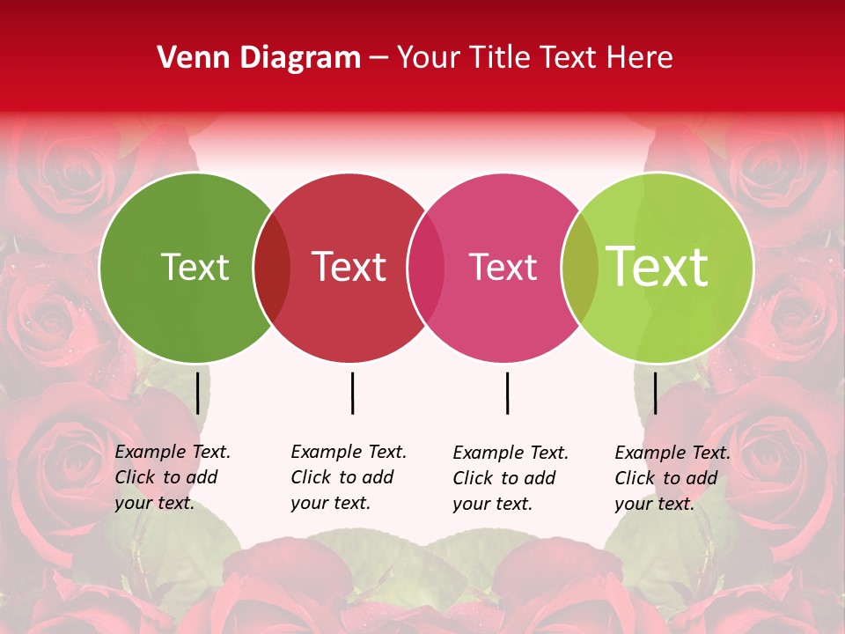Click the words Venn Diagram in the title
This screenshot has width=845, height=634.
[x=259, y=58]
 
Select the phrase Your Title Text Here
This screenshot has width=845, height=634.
[x=534, y=58]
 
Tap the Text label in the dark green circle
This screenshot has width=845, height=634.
[x=195, y=267]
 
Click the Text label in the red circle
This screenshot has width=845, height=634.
[x=349, y=267]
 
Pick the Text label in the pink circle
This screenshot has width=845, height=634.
[x=503, y=267]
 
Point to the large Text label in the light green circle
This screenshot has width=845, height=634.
[x=658, y=267]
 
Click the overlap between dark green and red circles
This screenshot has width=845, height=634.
[x=272, y=268]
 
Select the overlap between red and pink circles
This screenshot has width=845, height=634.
[x=426, y=268]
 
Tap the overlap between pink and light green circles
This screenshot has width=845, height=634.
[x=579, y=268]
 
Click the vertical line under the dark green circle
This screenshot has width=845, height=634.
[x=198, y=393]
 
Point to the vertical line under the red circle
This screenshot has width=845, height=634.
[x=352, y=393]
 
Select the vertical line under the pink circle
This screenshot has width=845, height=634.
[x=507, y=393]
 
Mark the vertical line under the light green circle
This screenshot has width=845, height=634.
[x=655, y=393]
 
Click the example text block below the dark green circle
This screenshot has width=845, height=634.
[x=173, y=477]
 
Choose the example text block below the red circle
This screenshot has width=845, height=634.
[x=349, y=477]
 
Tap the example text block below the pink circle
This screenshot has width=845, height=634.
[x=511, y=478]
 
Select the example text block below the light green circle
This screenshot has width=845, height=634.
[x=672, y=478]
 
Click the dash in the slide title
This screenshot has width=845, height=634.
[x=378, y=59]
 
